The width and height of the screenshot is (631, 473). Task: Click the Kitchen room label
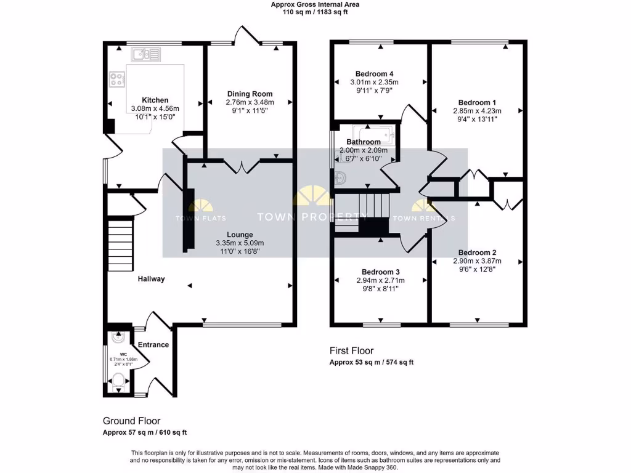point(155,100)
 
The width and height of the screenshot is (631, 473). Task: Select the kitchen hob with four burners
point(117,79)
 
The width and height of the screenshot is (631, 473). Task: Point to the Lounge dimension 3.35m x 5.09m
point(240,243)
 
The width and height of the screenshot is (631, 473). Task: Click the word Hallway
point(151,279)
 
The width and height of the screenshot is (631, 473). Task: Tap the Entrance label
point(153,345)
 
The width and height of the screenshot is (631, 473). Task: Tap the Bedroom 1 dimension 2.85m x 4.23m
point(477,111)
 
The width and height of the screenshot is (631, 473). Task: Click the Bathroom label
point(364,142)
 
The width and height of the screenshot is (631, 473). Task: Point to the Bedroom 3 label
point(380,272)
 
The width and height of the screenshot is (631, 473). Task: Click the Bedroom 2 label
point(477,253)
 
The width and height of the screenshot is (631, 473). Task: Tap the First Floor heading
point(353,350)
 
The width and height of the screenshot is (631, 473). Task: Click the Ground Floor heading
point(131,421)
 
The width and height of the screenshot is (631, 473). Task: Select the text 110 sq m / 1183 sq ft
point(315,12)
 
